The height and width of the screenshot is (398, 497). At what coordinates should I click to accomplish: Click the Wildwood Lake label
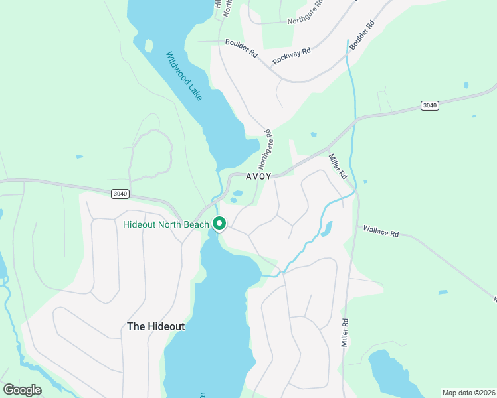click(184, 76)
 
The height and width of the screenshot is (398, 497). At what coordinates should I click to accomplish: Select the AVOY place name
click(258, 177)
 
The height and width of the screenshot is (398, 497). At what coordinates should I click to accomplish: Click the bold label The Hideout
click(155, 326)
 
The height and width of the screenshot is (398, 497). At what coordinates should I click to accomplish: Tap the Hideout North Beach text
click(166, 224)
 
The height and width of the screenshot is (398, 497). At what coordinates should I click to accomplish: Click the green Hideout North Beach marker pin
click(220, 225)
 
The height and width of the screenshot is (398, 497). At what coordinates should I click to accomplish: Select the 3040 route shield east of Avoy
click(430, 105)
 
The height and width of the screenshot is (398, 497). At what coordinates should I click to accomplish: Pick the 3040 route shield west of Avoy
click(120, 194)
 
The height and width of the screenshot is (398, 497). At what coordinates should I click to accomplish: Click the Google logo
click(23, 389)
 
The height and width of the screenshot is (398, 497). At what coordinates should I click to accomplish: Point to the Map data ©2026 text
click(468, 393)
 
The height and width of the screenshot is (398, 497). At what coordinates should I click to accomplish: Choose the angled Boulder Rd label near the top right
click(362, 35)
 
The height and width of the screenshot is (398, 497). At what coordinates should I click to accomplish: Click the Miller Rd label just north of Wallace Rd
click(338, 167)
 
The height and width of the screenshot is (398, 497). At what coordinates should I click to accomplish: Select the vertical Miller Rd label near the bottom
click(346, 330)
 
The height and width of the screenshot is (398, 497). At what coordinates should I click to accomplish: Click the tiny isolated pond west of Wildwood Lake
click(80, 157)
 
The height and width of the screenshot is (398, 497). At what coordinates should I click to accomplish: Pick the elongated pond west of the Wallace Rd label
click(326, 229)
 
